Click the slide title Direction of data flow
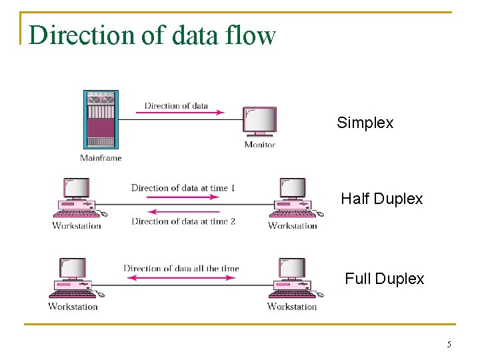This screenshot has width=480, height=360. tap(152, 35)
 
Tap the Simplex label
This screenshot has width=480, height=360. tap(365, 123)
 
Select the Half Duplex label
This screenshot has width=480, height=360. tap(381, 199)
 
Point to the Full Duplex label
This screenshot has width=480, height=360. tap(384, 279)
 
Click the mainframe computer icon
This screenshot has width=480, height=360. tap(100, 119)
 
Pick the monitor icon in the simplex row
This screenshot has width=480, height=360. tap(260, 123)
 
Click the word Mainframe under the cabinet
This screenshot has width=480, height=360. tap(101, 158)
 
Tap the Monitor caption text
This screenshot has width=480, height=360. tap(259, 145)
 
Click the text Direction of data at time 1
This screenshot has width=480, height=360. tap(183, 188)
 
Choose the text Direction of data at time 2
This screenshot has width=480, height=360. tap(183, 221)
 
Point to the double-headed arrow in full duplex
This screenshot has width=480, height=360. tap(181, 278)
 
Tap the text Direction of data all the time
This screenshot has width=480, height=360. tap(181, 269)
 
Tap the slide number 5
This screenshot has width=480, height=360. tap(449, 345)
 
